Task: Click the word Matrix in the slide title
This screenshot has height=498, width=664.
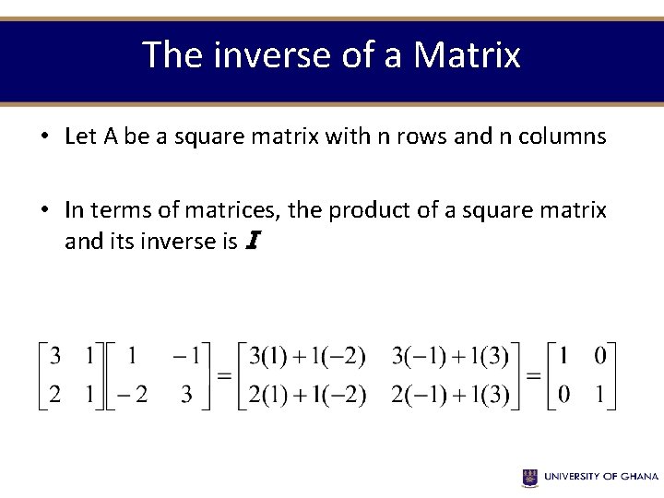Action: tap(467, 55)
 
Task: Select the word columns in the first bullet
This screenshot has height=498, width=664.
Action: tap(563, 136)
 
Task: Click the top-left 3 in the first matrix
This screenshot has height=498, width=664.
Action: tap(55, 355)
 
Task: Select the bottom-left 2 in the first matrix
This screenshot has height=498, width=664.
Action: tap(55, 395)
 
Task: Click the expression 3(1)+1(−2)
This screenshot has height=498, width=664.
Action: tap(307, 355)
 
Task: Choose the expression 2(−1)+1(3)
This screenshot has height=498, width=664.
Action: tap(450, 395)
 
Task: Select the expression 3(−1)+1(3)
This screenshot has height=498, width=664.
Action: tap(450, 355)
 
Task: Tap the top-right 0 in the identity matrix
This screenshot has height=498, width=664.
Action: tap(600, 355)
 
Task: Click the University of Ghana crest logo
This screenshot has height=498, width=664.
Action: tap(530, 477)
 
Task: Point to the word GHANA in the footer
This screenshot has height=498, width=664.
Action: tap(638, 477)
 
